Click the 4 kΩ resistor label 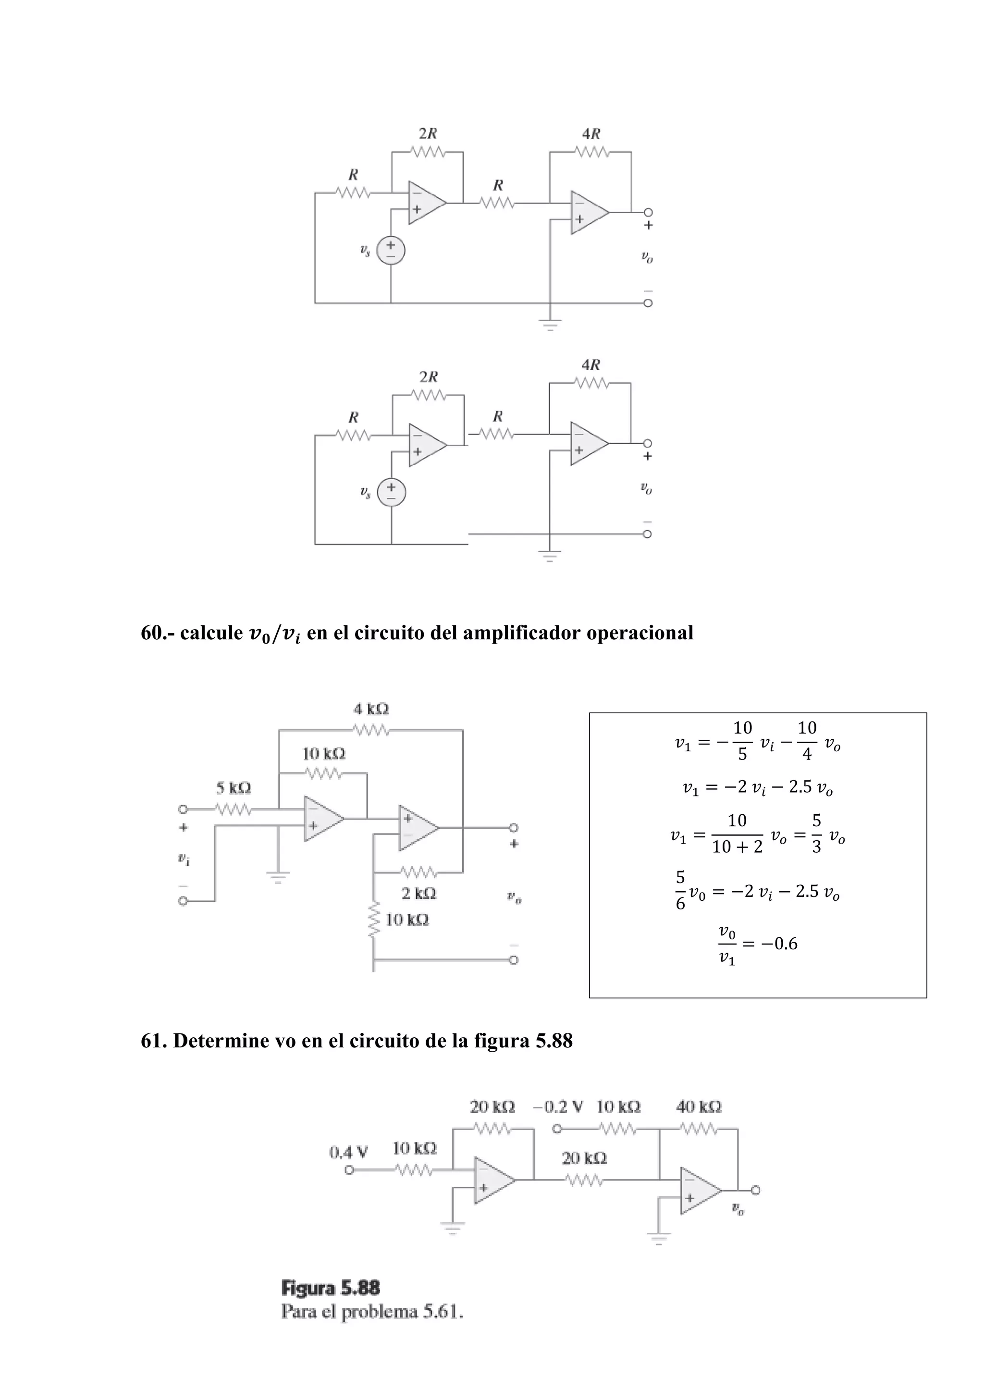pyautogui.click(x=371, y=708)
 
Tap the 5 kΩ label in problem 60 pyautogui.click(x=234, y=788)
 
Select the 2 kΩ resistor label pyautogui.click(x=418, y=893)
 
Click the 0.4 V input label pyautogui.click(x=348, y=1152)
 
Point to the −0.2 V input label pyautogui.click(x=558, y=1107)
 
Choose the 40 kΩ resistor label pyautogui.click(x=699, y=1107)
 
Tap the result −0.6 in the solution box pyautogui.click(x=778, y=944)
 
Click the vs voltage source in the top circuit pyautogui.click(x=391, y=250)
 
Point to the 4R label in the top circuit pyautogui.click(x=591, y=133)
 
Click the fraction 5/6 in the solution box pyautogui.click(x=680, y=891)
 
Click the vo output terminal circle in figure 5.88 pyautogui.click(x=755, y=1190)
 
